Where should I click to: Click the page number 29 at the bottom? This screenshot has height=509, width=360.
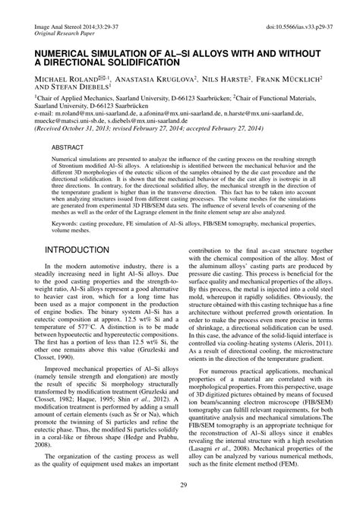[x=180, y=486]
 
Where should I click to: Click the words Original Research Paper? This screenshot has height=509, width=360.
[x=66, y=34]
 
